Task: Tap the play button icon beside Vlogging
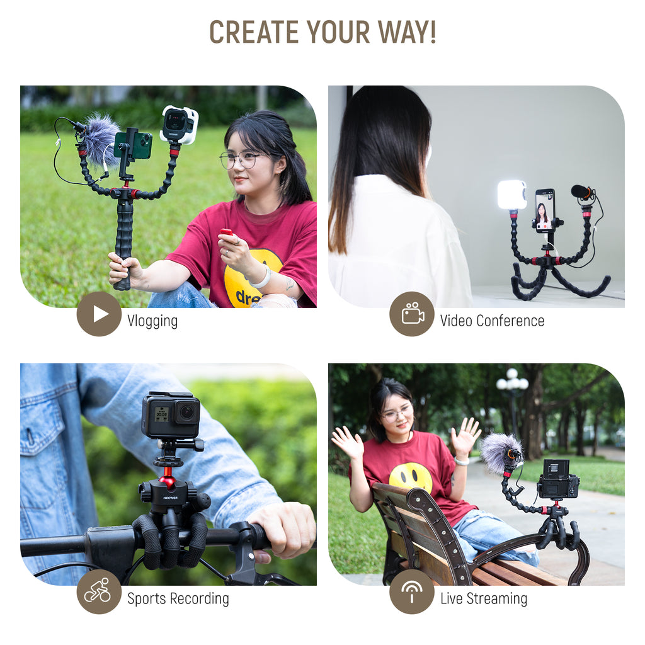point(99,314)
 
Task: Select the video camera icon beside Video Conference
point(412,314)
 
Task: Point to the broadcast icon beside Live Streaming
point(412,591)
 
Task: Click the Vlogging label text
point(152,321)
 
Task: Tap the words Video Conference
point(492,321)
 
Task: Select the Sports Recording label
point(178,598)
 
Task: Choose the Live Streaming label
point(484,598)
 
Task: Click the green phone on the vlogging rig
point(134,145)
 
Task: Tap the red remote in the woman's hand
point(226,232)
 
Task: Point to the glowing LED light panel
point(511,195)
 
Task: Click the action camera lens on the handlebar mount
point(187,412)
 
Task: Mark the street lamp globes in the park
point(512,381)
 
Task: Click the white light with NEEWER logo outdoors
point(179,125)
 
